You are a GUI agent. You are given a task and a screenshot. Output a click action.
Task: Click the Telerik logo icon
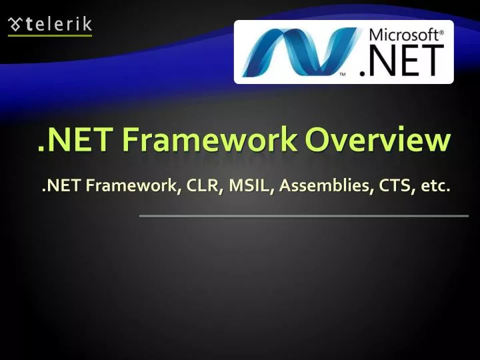click(x=15, y=25)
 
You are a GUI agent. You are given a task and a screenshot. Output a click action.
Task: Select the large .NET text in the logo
click(x=400, y=61)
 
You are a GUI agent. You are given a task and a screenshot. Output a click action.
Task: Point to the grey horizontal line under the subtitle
click(x=303, y=215)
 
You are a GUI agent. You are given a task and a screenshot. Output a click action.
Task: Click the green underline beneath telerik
click(x=50, y=35)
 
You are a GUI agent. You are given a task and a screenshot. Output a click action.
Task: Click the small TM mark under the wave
click(x=344, y=75)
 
